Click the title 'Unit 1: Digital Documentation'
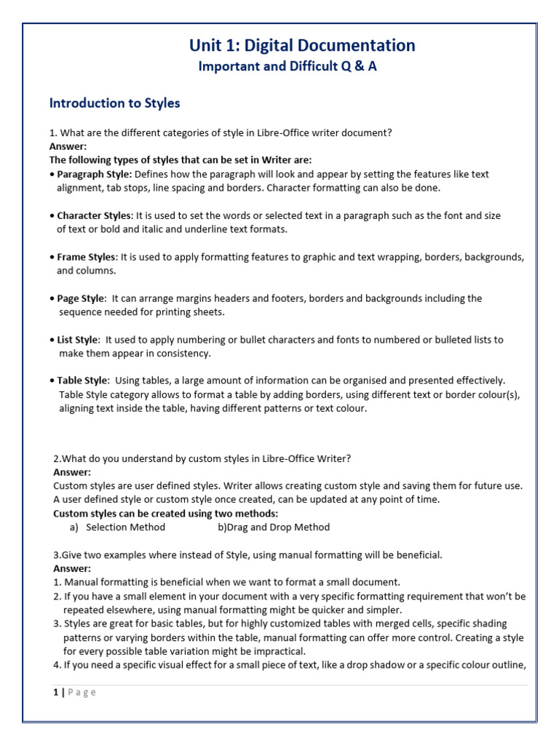(302, 46)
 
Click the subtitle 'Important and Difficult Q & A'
(288, 67)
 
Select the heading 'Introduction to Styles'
(114, 103)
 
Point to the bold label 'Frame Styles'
(86, 257)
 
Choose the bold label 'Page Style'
(80, 298)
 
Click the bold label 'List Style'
(77, 340)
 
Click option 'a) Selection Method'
(117, 527)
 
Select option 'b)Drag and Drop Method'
(273, 527)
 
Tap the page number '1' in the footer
(56, 692)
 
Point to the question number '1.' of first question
(52, 132)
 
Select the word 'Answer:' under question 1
(68, 146)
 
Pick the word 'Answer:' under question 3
(72, 568)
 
